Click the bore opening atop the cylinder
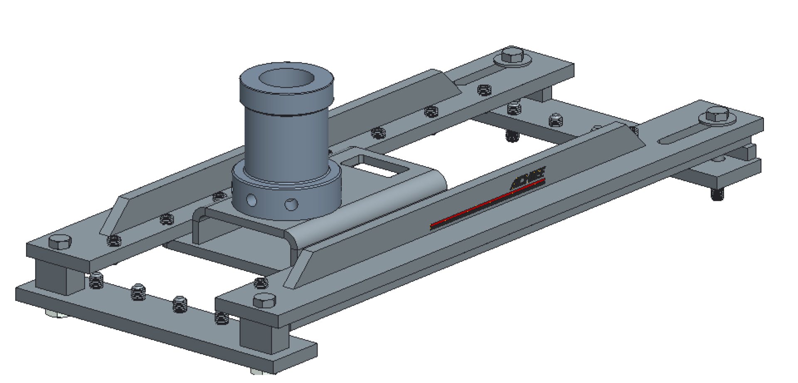(287, 79)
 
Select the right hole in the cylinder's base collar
(291, 204)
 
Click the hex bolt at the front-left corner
(60, 241)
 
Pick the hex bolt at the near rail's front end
(264, 300)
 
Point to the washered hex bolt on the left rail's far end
(513, 56)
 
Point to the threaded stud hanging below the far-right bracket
(717, 194)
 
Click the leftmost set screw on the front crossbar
(96, 282)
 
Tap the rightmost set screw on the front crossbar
(222, 317)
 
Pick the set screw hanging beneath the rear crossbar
(512, 136)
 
